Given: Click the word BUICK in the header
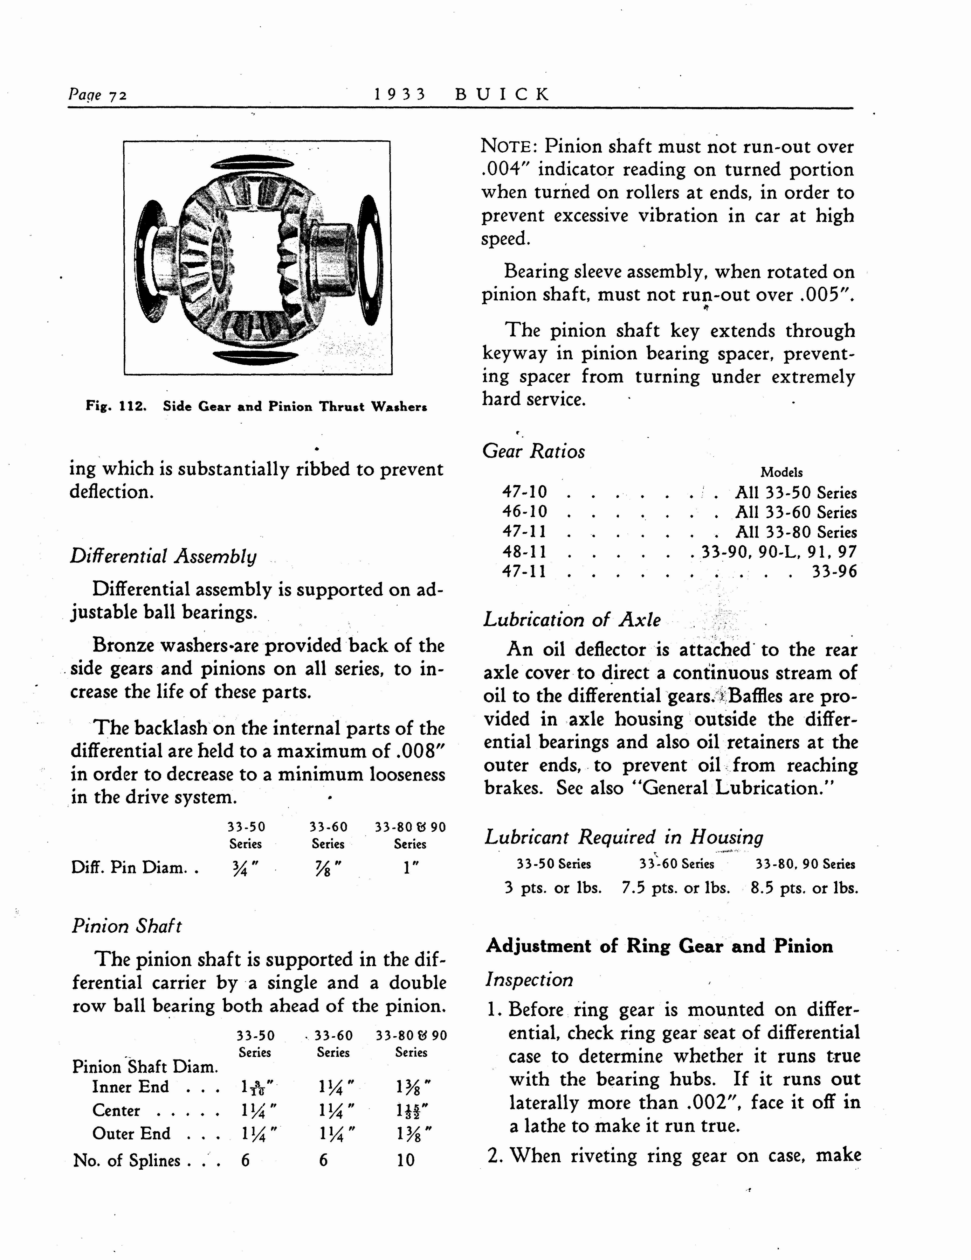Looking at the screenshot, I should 502,94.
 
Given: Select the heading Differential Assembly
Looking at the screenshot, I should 163,556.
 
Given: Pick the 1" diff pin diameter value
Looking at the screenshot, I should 411,867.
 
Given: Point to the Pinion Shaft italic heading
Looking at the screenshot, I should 126,926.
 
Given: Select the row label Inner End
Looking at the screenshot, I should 130,1087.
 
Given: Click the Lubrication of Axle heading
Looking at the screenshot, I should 572,619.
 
